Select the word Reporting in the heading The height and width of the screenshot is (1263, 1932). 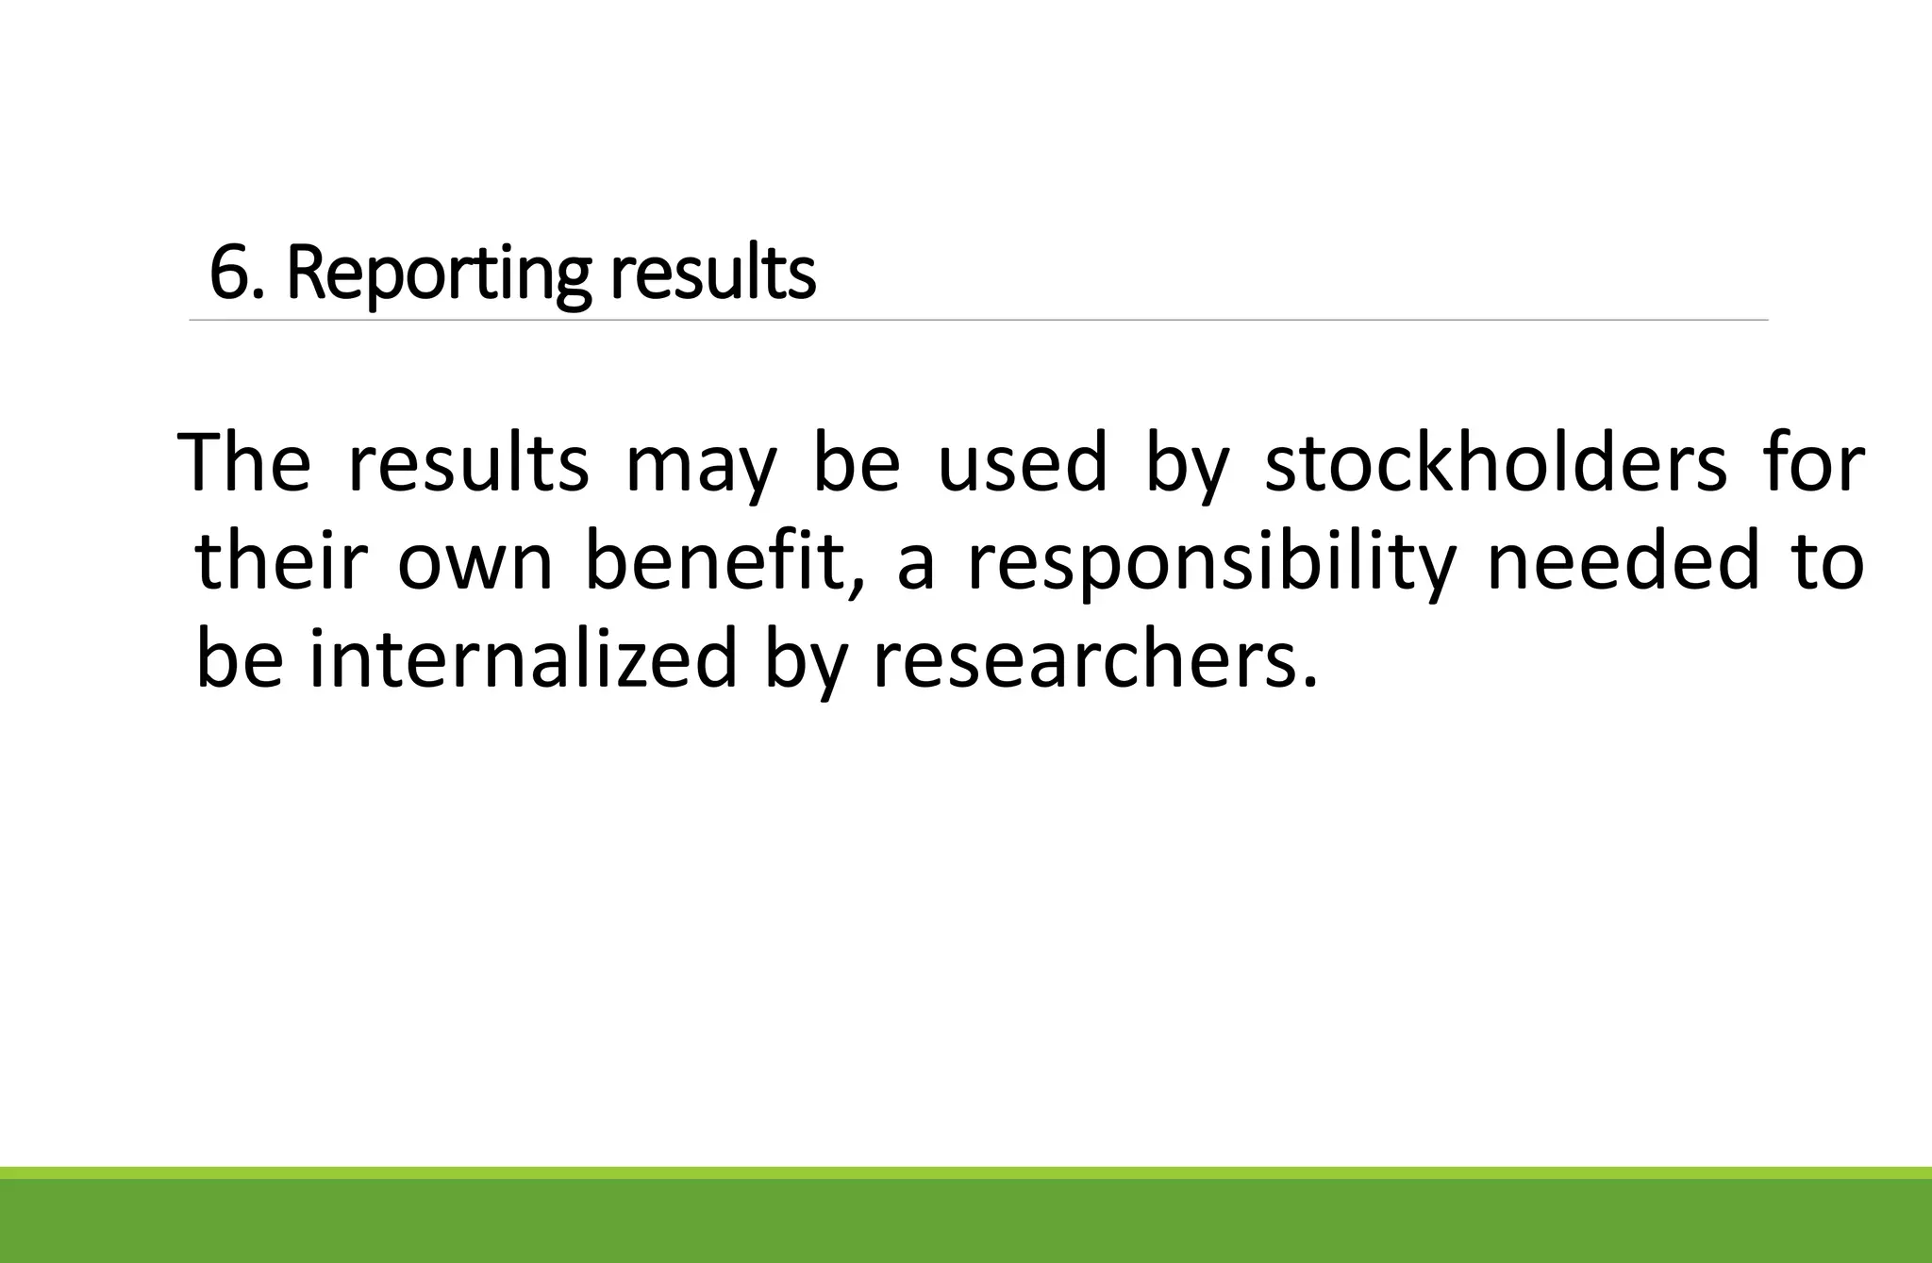tap(439, 275)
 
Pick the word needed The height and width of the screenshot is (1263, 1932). tap(1624, 561)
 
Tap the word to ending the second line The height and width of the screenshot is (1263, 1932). tap(1828, 563)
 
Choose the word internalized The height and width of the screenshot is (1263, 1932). tap(523, 660)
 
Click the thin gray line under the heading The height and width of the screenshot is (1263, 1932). tap(978, 321)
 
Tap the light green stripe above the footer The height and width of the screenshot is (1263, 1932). tap(966, 1172)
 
